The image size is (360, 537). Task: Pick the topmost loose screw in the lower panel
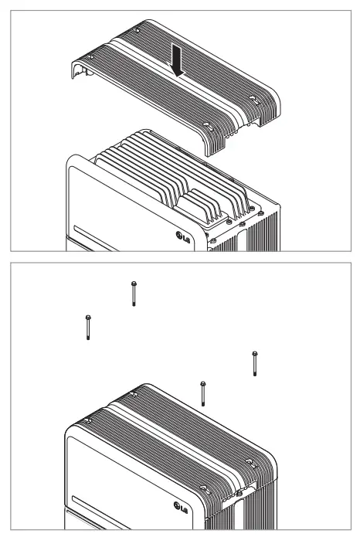[x=134, y=294]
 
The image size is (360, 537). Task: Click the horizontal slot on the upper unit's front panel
[x=108, y=231]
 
